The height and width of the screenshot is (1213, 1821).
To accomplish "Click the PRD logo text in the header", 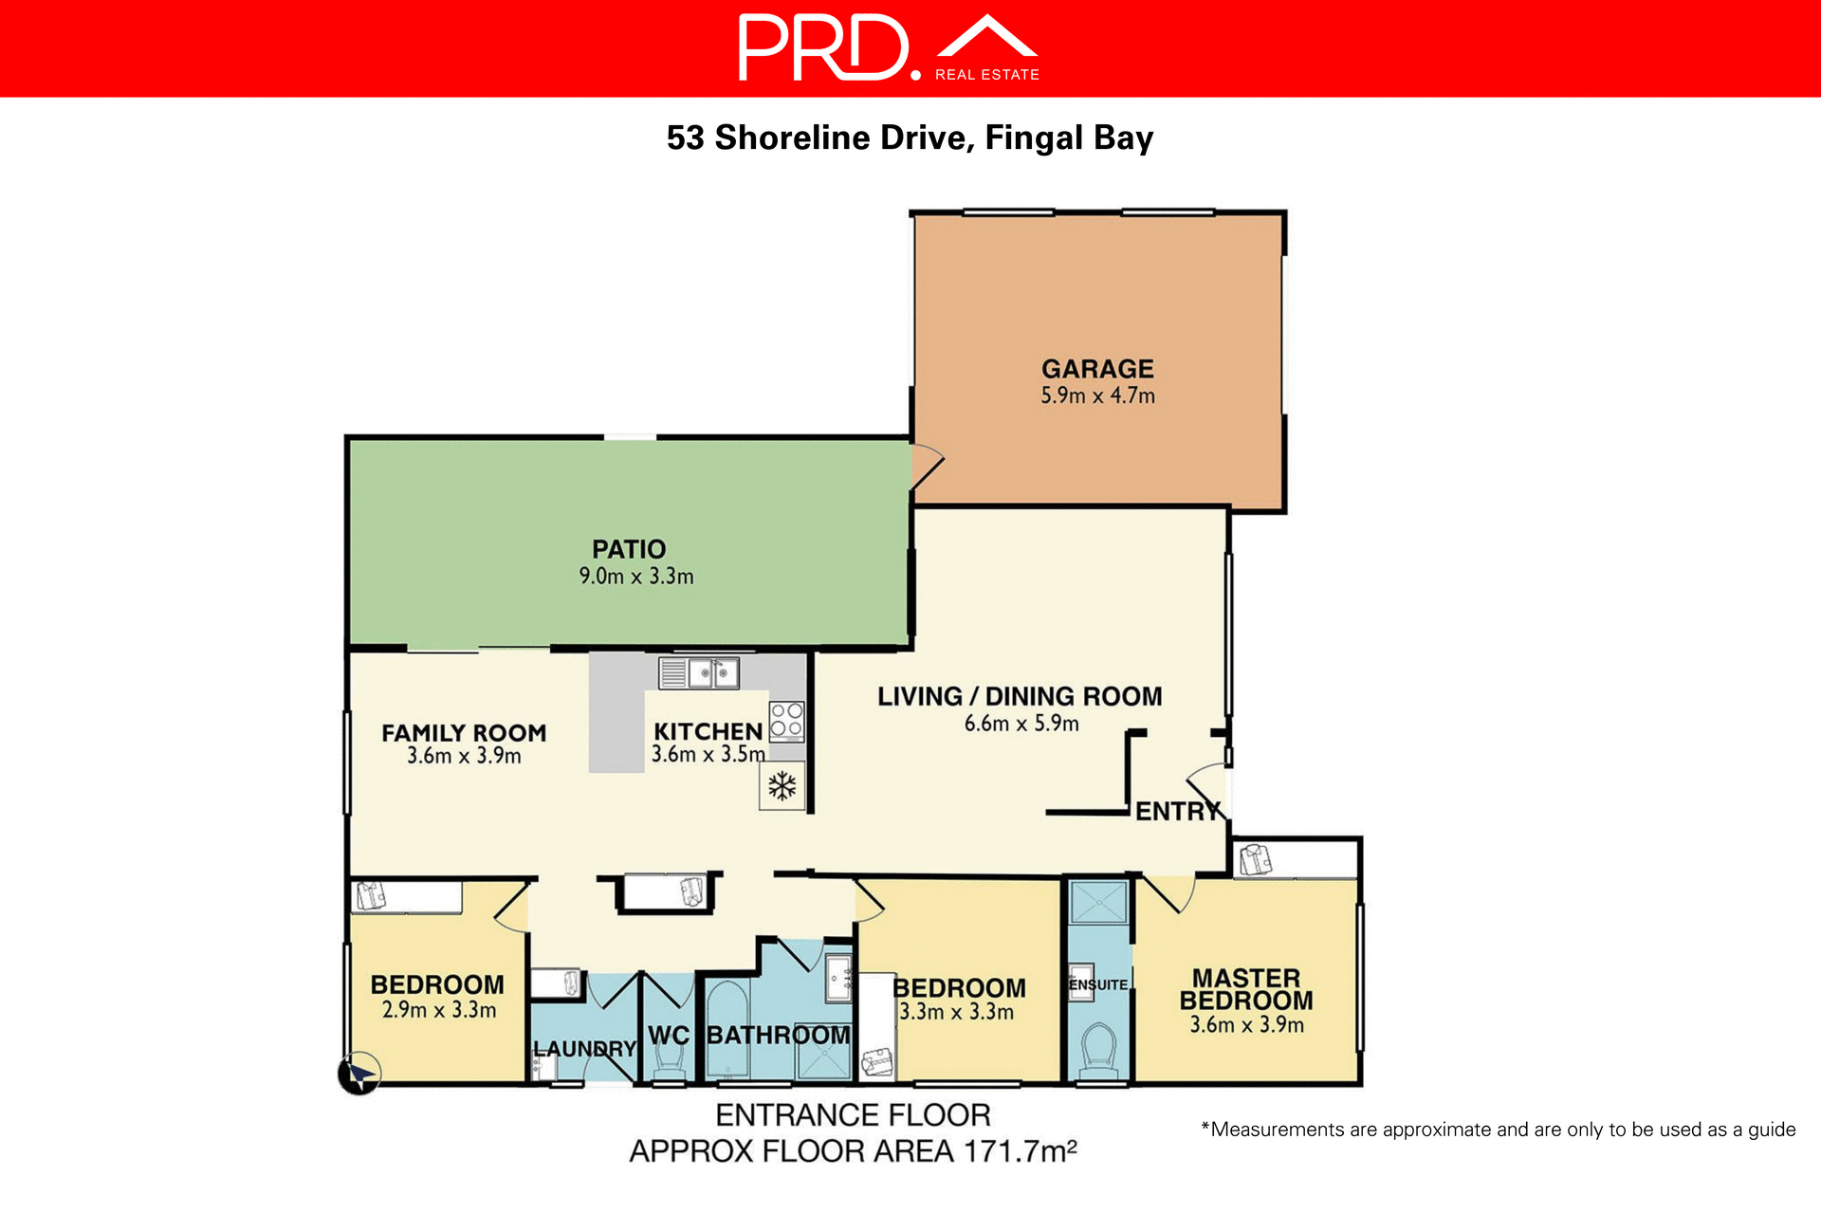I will click(x=823, y=47).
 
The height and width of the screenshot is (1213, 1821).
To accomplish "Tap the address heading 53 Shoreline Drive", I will click(x=909, y=138).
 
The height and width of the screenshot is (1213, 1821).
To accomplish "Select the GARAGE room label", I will click(x=1097, y=369).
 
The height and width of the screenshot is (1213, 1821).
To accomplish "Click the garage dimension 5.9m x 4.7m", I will click(x=1097, y=396).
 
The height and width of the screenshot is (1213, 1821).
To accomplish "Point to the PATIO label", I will click(x=629, y=549).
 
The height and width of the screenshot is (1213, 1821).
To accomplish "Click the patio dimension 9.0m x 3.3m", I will click(x=636, y=577).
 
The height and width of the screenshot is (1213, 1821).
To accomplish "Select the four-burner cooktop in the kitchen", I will click(x=786, y=721).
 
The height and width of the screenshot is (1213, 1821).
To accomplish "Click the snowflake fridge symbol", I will click(x=782, y=786).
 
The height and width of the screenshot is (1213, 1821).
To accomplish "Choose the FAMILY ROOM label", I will click(x=464, y=733).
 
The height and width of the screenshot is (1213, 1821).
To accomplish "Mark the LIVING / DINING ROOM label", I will click(x=1020, y=697).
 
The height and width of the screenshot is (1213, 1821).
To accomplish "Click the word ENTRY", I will click(x=1177, y=812).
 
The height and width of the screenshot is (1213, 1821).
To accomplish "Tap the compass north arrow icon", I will click(x=359, y=1075).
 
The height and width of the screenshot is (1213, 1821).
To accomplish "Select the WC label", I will click(x=669, y=1036).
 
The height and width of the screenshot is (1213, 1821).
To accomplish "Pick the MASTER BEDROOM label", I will click(x=1246, y=989).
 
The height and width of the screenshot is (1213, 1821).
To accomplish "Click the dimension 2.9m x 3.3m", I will click(x=439, y=1011).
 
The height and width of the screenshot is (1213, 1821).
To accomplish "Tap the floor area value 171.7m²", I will click(x=1021, y=1152).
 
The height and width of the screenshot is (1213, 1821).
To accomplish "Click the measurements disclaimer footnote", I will click(x=1499, y=1130).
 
